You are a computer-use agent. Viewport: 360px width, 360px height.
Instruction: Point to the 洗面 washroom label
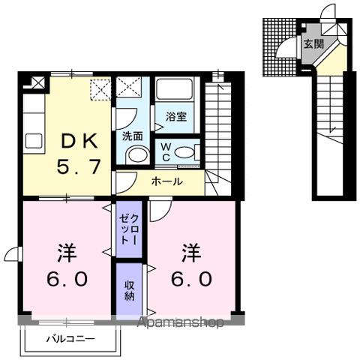tap(132, 136)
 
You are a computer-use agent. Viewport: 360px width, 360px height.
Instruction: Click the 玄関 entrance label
tap(313, 44)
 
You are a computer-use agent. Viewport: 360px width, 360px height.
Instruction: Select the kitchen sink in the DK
tap(34, 140)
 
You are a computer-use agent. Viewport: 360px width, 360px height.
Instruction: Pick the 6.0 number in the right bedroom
tap(192, 279)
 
